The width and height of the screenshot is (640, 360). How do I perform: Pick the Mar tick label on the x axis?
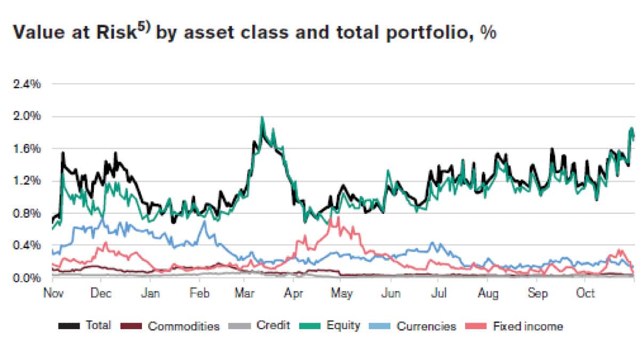244,293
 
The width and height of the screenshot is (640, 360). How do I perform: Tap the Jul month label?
438,293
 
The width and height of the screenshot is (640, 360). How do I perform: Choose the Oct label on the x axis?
586,293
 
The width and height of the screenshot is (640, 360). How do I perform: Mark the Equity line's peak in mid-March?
262,118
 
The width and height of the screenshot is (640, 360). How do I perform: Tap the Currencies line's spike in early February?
204,221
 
